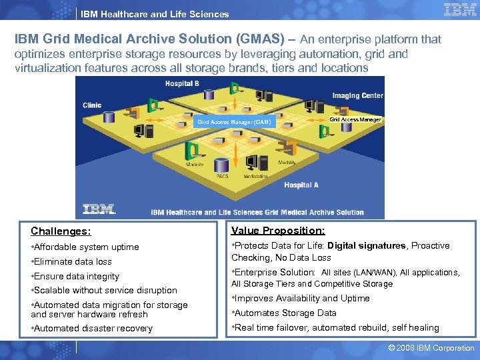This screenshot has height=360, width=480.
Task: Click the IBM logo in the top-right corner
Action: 460,10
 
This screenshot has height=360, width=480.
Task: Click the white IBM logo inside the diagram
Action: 99,209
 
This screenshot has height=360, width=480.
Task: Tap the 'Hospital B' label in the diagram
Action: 182,83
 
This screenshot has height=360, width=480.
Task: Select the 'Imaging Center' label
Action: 358,95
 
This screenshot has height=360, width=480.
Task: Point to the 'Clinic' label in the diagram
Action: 92,105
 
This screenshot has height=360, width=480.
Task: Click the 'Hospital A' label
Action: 301,185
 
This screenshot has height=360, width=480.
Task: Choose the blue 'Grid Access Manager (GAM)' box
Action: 234,122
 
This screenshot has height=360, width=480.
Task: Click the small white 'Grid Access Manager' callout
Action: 355,119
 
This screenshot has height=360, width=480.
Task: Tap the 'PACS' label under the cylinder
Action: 222,176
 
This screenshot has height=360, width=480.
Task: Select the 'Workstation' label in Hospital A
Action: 255,176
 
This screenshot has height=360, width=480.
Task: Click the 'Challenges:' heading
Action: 61,232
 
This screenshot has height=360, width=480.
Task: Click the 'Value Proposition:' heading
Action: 278,231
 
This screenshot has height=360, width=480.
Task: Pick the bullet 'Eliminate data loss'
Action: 73,261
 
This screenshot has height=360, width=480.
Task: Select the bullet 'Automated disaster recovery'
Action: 93,328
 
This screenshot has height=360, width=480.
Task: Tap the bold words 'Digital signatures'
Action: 367,246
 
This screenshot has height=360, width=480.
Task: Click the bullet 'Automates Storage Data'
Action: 285,313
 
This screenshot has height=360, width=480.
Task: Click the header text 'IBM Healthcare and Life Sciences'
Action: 155,14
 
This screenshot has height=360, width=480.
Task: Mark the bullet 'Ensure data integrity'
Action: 76,276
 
